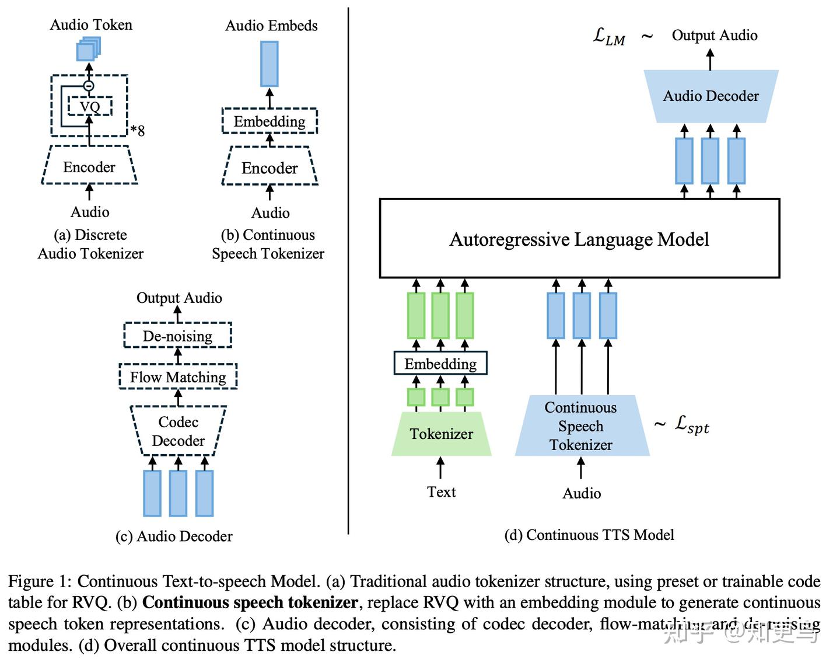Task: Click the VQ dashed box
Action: (90, 106)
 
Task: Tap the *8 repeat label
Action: (138, 130)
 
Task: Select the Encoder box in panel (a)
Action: (89, 168)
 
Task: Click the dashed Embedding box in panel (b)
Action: (269, 121)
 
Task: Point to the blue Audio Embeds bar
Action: (269, 64)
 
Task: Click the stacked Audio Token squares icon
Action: (89, 49)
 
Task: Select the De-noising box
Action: (177, 336)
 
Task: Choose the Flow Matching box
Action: (178, 377)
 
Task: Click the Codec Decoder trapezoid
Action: (178, 431)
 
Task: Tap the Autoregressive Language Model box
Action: (579, 239)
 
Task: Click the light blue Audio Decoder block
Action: (710, 96)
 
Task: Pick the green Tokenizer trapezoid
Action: (441, 434)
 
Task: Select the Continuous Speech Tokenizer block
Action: (581, 426)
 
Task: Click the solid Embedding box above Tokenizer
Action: (440, 364)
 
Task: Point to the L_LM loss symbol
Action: (608, 36)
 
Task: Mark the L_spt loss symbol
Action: (692, 424)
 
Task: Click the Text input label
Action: (441, 492)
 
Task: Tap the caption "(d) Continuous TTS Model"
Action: (589, 535)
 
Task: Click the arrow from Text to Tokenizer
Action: (440, 468)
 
